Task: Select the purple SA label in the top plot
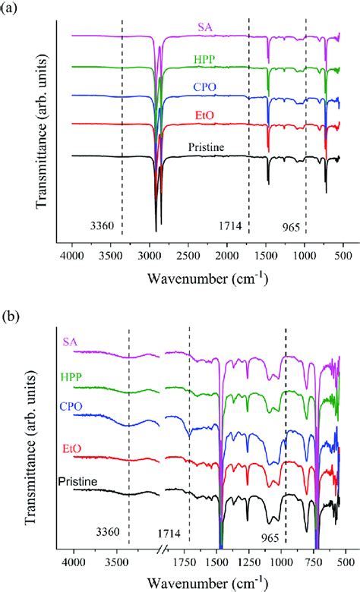[x=204, y=27]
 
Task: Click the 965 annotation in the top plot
[x=292, y=225]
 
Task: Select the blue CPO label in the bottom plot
[x=71, y=406]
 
